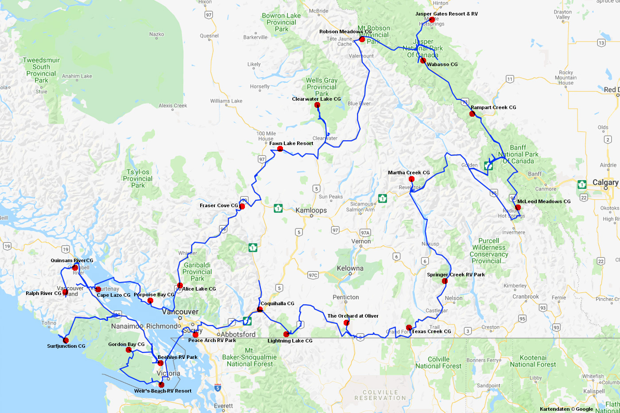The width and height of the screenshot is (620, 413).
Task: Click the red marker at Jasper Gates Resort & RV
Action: click(432, 20)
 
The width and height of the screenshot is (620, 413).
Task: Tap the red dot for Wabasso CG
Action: click(423, 61)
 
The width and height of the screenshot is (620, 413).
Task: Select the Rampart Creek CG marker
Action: click(472, 114)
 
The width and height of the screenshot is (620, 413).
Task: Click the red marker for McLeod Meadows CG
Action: click(518, 207)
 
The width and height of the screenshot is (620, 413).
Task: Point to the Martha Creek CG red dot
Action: click(411, 179)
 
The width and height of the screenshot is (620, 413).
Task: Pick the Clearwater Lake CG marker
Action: click(317, 105)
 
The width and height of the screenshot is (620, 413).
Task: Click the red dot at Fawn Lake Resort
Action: click(280, 149)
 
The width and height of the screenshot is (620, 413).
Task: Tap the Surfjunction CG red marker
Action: click(66, 341)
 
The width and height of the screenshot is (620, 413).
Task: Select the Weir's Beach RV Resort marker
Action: click(161, 385)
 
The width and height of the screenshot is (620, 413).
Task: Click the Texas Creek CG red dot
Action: click(409, 328)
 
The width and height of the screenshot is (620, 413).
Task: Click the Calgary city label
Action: click(605, 182)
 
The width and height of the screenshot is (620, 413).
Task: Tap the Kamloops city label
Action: click(311, 210)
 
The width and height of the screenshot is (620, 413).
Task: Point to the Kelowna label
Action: click(350, 268)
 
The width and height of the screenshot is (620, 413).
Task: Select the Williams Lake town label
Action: click(226, 101)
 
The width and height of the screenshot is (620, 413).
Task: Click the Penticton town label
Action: click(345, 297)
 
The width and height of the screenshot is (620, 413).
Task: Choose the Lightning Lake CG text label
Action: click(290, 341)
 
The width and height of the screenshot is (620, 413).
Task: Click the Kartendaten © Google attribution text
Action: click(566, 409)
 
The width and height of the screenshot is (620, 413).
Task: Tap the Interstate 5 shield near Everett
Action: click(217, 388)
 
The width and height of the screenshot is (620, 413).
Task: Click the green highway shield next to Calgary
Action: click(582, 184)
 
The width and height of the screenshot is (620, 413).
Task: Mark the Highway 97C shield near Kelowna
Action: click(313, 275)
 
